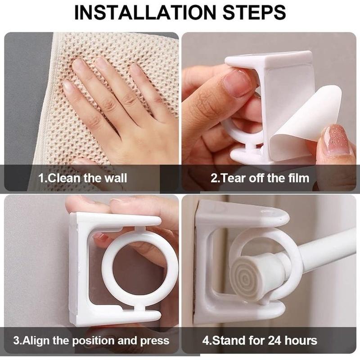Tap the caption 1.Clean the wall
click(83, 178)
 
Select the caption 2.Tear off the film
click(260, 178)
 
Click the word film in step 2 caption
click(298, 178)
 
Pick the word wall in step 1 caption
click(116, 178)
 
